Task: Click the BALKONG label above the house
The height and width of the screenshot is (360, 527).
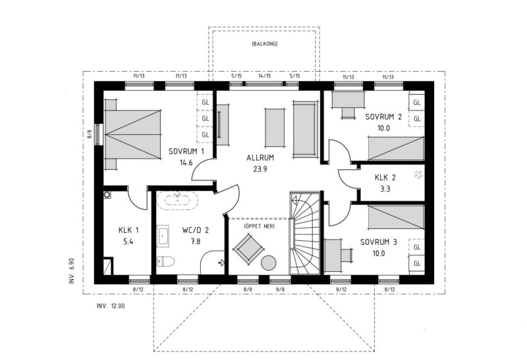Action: tap(265, 43)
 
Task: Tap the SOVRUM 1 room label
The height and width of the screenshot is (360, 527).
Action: tap(186, 151)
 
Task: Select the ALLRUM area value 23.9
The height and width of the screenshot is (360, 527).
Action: tap(260, 169)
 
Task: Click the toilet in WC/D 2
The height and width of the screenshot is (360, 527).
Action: tap(165, 261)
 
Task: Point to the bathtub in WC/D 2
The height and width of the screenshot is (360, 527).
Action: tap(177, 200)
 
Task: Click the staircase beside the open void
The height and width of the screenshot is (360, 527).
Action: tap(305, 233)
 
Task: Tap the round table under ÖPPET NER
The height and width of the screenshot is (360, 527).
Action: tap(269, 263)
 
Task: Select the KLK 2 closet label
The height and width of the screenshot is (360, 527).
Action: tap(385, 177)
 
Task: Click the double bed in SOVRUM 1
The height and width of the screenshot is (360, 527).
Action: tap(132, 134)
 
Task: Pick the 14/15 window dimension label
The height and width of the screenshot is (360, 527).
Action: tap(265, 76)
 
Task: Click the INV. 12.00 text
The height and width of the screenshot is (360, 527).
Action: tap(111, 306)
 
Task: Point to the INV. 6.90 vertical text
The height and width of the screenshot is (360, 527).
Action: tap(71, 271)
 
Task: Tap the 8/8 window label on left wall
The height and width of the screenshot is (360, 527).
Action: tap(90, 134)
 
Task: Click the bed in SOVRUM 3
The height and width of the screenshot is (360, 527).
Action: tap(397, 217)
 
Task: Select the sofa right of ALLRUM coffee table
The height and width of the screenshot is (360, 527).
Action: tap(306, 128)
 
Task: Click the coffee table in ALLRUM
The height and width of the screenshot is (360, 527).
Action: tap(275, 128)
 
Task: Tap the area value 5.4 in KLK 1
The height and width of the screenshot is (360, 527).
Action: tap(128, 242)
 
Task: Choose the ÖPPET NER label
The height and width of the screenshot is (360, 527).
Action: tap(259, 226)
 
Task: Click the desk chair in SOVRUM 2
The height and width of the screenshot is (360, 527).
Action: tap(348, 113)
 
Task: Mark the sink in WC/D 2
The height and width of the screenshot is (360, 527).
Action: tap(163, 236)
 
